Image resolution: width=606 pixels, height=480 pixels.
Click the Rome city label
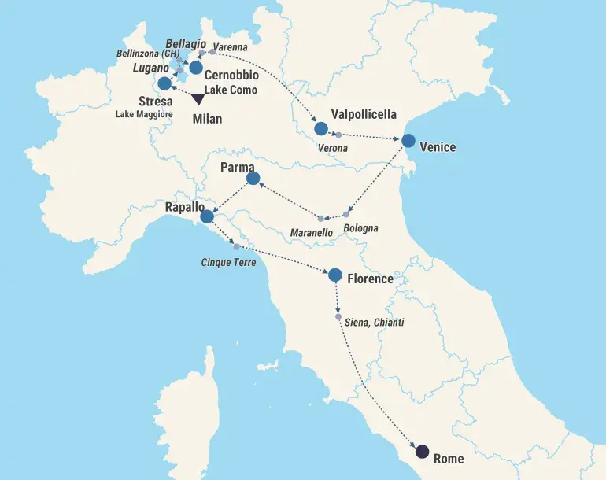[449, 458]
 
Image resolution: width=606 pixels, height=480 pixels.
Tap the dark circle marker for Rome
[422, 452]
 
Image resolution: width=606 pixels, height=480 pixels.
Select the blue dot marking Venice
[408, 141]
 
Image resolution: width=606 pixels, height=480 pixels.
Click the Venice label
[438, 146]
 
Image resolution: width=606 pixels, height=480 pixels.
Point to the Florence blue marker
[334, 275]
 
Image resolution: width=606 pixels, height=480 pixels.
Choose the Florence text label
[370, 279]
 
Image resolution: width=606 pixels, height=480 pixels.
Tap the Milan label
[208, 120]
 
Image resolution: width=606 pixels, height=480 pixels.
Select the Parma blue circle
[253, 179]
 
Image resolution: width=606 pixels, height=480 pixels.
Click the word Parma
[237, 168]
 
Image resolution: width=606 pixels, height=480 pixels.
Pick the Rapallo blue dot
[207, 216]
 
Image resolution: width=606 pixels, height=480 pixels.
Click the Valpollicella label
[364, 114]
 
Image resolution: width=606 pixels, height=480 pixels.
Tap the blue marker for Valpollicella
[320, 128]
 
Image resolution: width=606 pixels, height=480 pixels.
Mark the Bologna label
[361, 228]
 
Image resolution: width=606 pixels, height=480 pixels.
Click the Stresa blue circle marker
[164, 83]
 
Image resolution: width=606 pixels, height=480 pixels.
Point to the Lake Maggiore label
[144, 115]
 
